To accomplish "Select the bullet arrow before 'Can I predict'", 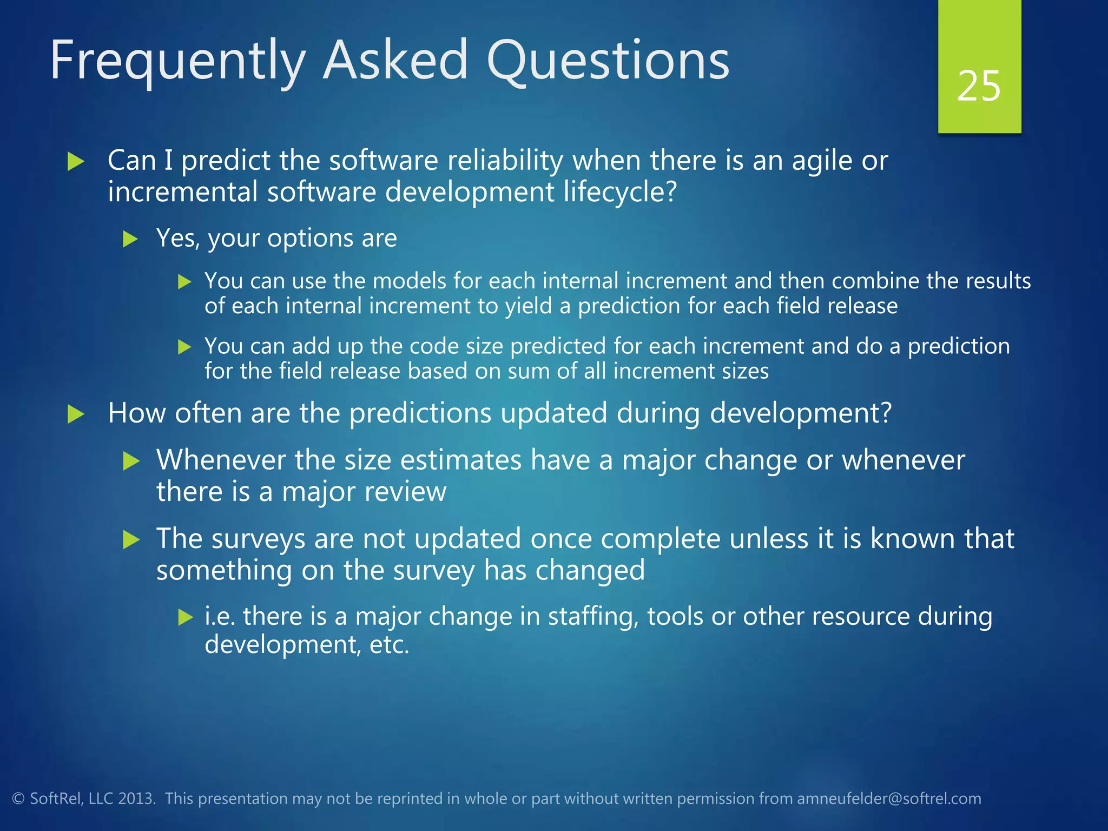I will point(76,162).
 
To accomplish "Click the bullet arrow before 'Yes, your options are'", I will point(131,239).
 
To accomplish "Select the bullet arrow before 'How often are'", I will point(76,414).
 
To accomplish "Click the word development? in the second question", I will point(800,413).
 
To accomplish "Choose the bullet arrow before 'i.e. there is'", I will point(186,617).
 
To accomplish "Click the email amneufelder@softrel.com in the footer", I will point(889,799).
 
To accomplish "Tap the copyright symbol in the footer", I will point(18,799).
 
